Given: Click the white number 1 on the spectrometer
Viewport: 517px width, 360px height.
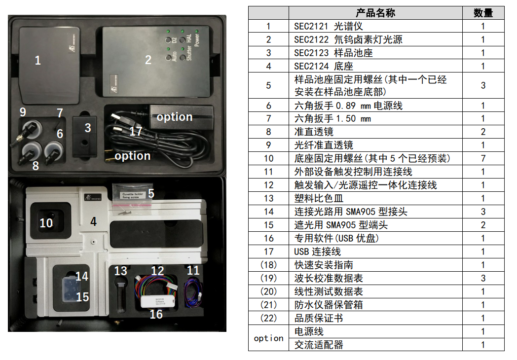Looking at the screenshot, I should pyautogui.click(x=38, y=60).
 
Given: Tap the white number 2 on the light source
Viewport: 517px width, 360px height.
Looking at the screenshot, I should pyautogui.click(x=148, y=60).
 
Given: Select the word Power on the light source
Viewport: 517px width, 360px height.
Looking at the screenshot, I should pyautogui.click(x=197, y=39).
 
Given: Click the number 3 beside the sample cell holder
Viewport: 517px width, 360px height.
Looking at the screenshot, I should pyautogui.click(x=88, y=128).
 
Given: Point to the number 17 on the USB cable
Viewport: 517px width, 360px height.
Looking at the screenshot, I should pyautogui.click(x=136, y=132).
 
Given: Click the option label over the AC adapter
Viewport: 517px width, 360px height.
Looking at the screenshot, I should pyautogui.click(x=175, y=117).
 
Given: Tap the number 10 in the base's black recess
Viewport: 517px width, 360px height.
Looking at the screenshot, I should pyautogui.click(x=46, y=223).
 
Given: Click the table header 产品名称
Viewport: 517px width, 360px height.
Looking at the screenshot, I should pyautogui.click(x=375, y=13).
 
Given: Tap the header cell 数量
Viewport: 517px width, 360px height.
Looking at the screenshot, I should pyautogui.click(x=483, y=13).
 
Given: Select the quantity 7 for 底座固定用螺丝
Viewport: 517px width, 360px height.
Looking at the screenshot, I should pyautogui.click(x=483, y=159).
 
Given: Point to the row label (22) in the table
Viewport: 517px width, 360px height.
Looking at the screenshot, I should pyautogui.click(x=268, y=318).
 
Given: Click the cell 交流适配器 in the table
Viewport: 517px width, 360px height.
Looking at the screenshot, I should pyautogui.click(x=319, y=345).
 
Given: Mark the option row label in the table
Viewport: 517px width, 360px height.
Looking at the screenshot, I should pyautogui.click(x=268, y=338).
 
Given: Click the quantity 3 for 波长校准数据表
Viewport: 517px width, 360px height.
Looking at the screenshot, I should pyautogui.click(x=483, y=278).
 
